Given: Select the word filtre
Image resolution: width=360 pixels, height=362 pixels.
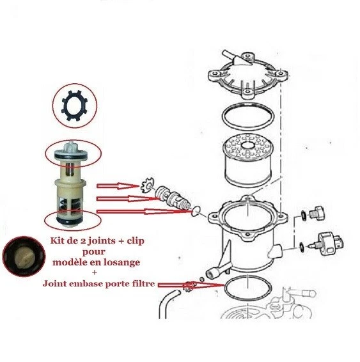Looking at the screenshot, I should coord(141,283).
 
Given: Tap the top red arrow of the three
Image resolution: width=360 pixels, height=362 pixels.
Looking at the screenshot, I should coord(118,186).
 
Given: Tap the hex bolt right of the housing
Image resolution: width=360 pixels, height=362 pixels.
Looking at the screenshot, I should coord(314,214).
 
